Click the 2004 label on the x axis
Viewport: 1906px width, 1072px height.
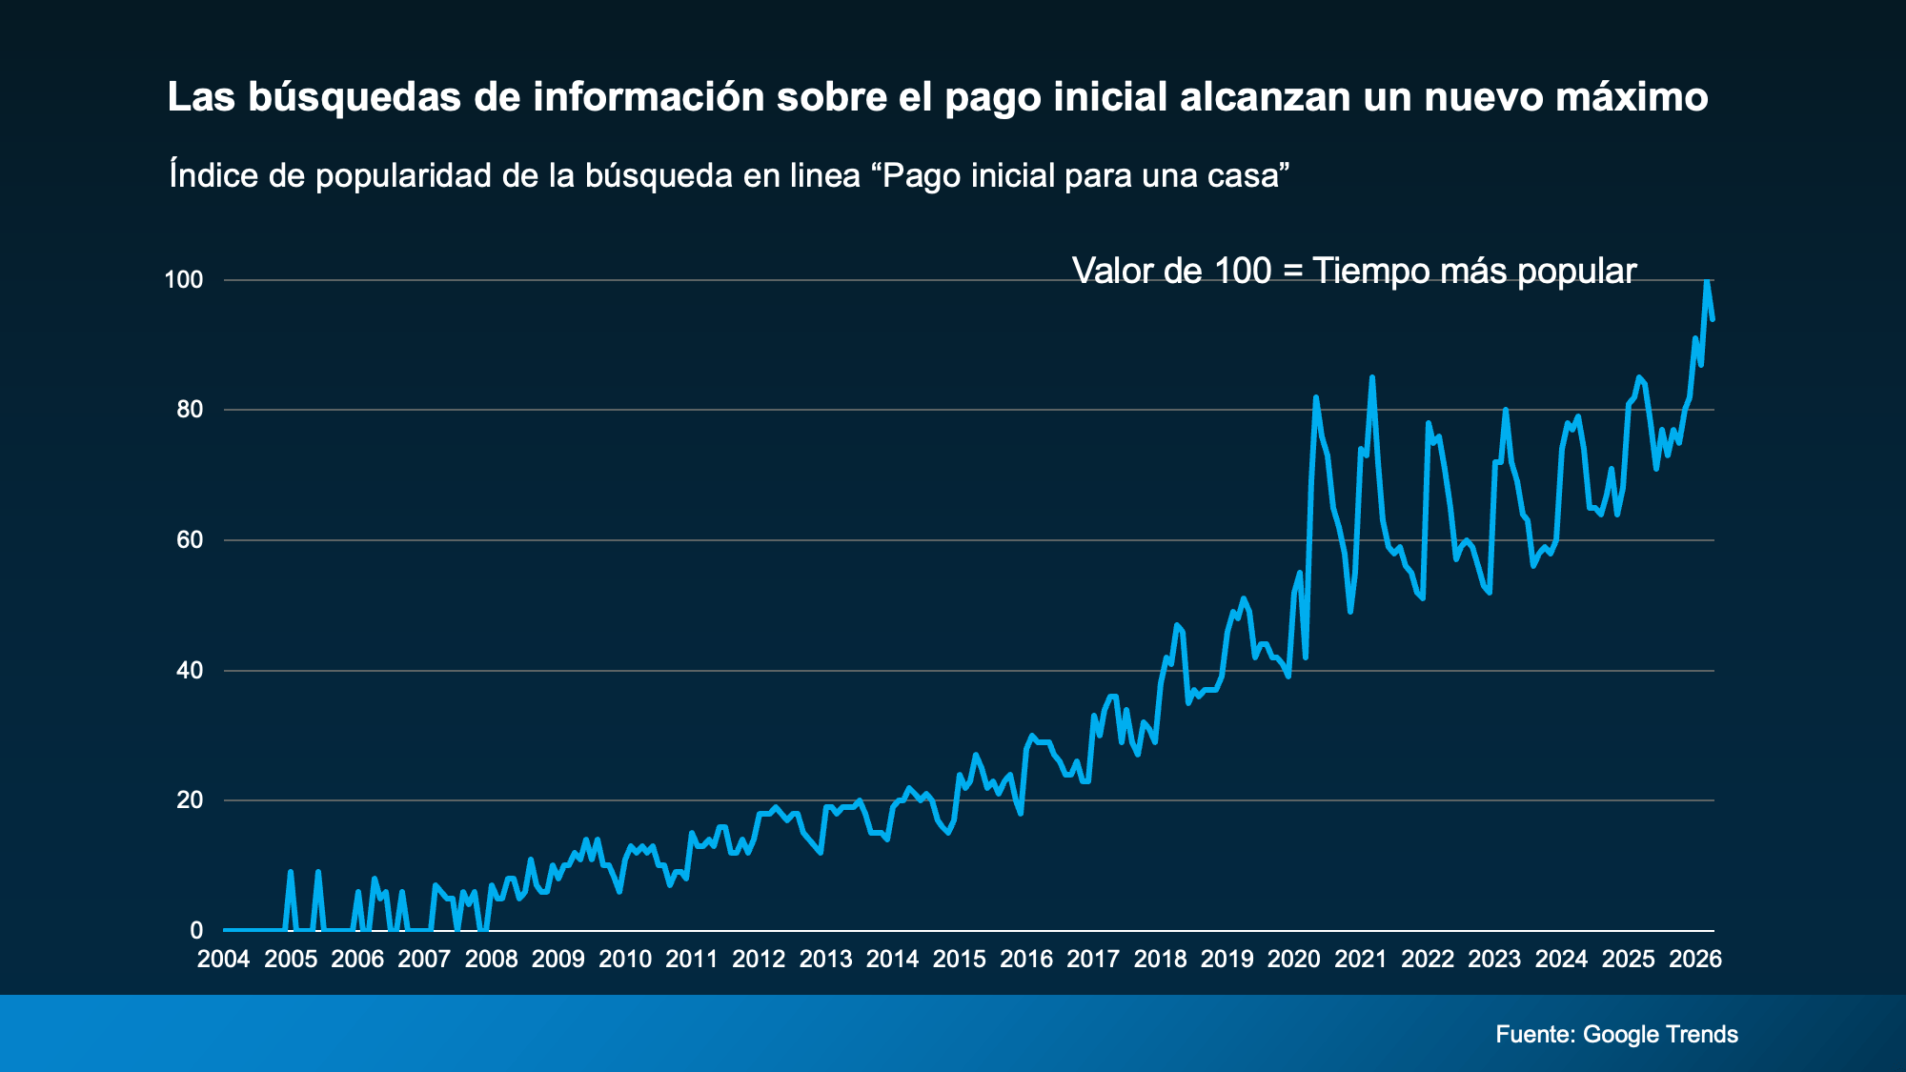223,959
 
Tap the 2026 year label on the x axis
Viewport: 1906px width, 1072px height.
1695,959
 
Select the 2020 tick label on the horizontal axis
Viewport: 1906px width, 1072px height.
1293,959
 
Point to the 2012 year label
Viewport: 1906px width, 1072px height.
759,959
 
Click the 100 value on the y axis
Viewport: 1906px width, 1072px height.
184,280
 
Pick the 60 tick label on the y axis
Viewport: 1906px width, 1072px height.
190,540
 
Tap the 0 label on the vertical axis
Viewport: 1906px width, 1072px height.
196,930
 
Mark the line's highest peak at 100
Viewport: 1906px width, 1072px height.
1707,281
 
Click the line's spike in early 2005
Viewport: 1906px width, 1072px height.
291,872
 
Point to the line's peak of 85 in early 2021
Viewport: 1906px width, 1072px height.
1371,377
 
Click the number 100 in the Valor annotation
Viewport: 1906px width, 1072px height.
1243,272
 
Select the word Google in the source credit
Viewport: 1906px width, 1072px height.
1620,1035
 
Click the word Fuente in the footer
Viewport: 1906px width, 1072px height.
1534,1035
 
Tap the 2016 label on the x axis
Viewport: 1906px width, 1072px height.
1026,959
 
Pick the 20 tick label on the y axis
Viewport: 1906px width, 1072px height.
190,800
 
